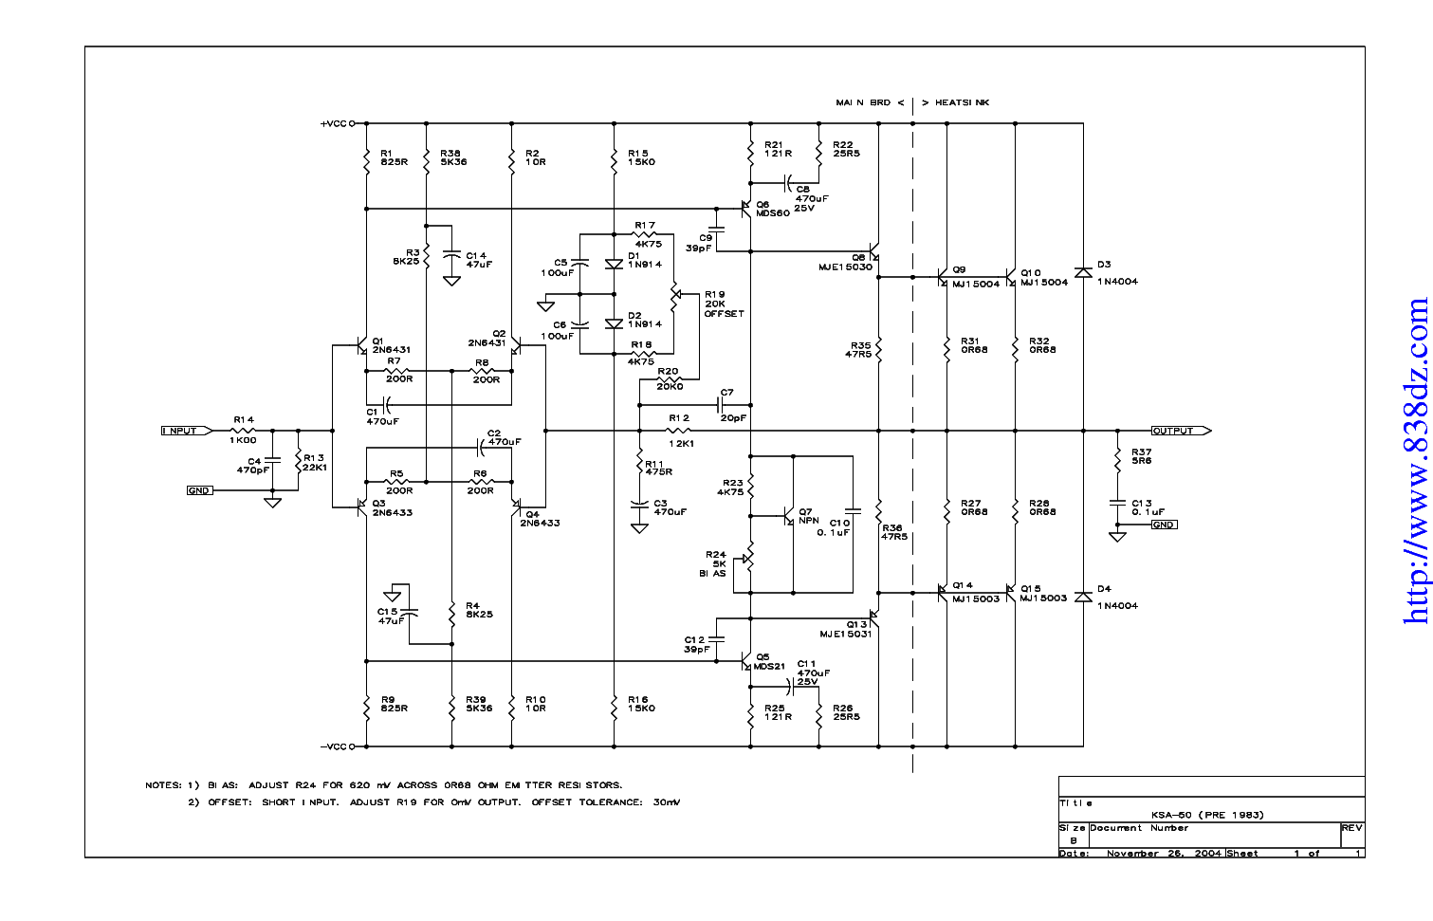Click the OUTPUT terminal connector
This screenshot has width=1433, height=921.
point(1179,431)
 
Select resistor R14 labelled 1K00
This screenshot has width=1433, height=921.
point(244,431)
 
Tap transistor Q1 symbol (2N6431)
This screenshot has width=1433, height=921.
point(361,346)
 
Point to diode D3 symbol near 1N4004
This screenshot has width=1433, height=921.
point(1083,273)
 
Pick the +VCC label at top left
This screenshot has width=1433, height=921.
point(334,123)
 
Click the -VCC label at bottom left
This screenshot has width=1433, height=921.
point(334,746)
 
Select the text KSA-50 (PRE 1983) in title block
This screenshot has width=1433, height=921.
point(1207,815)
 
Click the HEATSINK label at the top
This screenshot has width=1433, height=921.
point(962,102)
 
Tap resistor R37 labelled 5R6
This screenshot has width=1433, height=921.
point(1118,456)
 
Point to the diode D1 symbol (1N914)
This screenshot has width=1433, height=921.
point(614,265)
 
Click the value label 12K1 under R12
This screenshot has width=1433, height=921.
point(681,443)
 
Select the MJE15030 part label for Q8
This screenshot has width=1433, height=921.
point(845,267)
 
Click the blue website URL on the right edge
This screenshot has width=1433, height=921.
point(1416,461)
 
